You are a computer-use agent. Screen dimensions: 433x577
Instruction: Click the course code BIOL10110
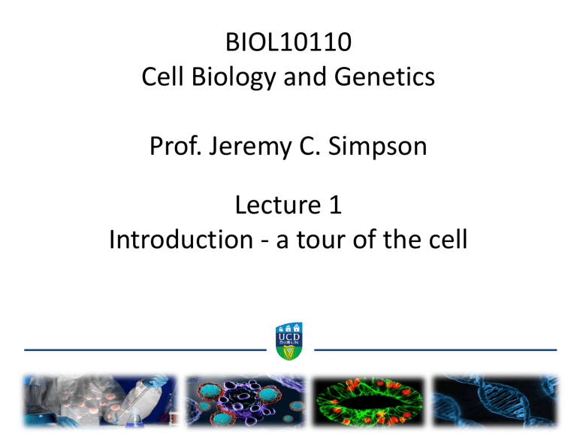288,34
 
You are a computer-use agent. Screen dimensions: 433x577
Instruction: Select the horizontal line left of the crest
145,350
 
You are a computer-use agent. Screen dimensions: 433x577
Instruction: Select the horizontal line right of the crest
434,350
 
